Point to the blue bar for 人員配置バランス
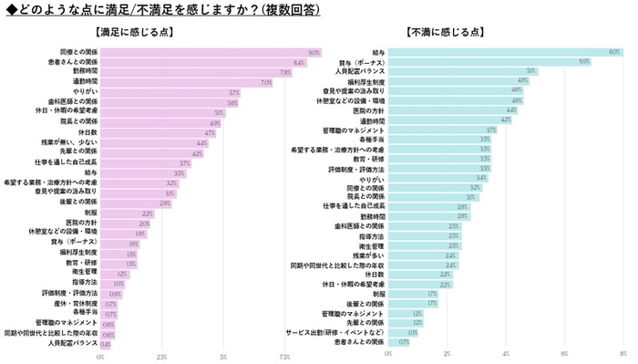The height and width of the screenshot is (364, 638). [x=448, y=70]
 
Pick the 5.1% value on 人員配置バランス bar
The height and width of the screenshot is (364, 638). [x=530, y=70]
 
